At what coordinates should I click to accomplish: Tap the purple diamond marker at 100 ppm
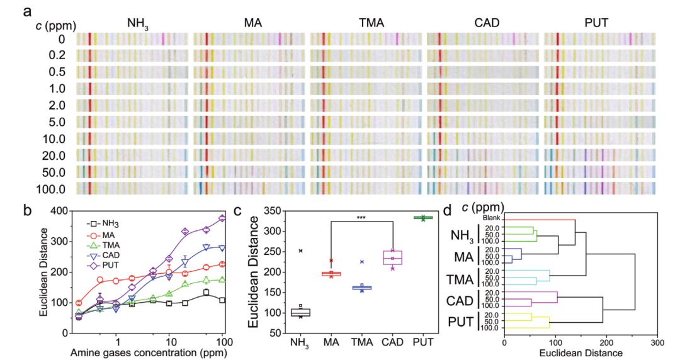(x=222, y=219)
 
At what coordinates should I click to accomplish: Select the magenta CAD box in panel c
(x=392, y=258)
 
